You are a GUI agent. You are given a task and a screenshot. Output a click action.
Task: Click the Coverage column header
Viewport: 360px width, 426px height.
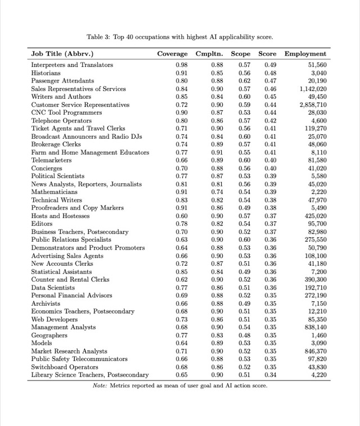click(172, 54)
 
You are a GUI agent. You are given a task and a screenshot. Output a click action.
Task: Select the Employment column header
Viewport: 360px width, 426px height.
click(305, 54)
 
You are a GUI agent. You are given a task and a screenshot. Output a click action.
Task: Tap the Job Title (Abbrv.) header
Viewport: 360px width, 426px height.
click(62, 54)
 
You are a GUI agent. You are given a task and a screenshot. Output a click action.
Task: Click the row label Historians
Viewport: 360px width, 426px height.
click(46, 73)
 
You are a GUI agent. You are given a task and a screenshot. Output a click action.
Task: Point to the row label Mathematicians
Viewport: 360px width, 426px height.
click(55, 192)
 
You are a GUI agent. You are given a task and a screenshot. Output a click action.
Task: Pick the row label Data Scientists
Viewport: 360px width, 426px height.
click(55, 287)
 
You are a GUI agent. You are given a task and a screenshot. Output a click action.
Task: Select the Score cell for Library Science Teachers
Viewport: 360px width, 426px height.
click(270, 374)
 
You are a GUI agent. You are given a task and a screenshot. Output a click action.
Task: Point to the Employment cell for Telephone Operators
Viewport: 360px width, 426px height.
click(318, 121)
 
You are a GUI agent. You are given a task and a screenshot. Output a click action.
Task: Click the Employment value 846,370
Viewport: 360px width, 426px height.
click(314, 351)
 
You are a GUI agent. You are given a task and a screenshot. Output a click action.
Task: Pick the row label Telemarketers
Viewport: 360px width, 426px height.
click(51, 160)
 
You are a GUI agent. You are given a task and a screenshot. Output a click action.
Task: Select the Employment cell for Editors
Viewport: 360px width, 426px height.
click(316, 224)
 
